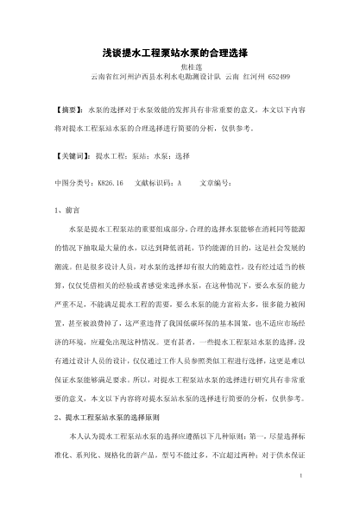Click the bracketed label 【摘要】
(67, 112)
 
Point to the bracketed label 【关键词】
(70, 159)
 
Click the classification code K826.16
(110, 183)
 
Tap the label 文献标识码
(155, 183)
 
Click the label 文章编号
(216, 183)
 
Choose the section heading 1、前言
(66, 208)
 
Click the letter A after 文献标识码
(179, 183)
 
